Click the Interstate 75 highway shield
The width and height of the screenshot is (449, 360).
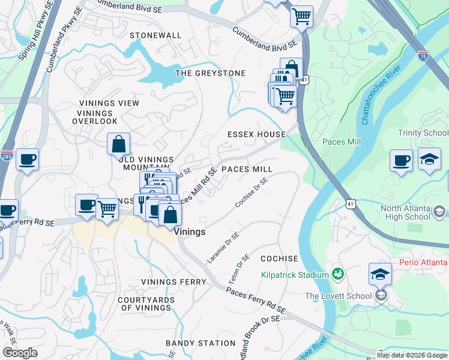point(424,55)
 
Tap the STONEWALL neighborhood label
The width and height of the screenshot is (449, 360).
point(155,35)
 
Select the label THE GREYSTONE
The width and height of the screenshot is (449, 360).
point(210,73)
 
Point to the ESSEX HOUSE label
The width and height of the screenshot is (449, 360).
point(256,134)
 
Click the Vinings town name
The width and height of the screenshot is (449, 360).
point(190,232)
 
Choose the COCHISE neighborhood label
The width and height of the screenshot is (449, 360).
point(279,259)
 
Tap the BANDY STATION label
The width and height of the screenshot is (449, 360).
point(200,343)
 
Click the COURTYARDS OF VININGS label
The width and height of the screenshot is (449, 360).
point(146,304)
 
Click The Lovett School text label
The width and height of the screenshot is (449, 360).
point(338,296)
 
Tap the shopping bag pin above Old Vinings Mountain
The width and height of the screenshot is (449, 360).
point(119,144)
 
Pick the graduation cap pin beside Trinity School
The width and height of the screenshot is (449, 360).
point(429,159)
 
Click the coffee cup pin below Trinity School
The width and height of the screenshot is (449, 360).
point(401,160)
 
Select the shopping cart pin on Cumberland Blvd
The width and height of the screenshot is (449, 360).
point(301,16)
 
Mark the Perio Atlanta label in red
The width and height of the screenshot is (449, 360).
point(424,263)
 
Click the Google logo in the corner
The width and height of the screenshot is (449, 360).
point(20,353)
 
